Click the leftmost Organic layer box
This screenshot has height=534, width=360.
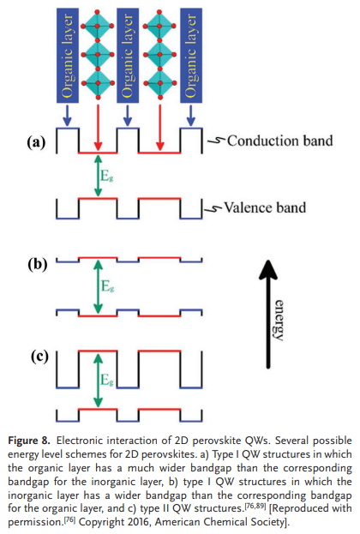68,56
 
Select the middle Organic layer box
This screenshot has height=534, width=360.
128,56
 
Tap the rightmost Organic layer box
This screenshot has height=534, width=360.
191,56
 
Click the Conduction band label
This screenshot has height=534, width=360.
280,141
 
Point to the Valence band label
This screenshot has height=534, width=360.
265,207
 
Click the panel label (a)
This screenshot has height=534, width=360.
36,142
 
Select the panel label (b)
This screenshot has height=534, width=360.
38,264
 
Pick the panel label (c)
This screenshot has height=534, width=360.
39,357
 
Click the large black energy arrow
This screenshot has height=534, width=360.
268,314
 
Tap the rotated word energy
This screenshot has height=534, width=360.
279,320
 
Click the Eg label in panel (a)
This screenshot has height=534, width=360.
106,176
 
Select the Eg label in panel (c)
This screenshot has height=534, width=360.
106,380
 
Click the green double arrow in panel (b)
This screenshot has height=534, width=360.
98,287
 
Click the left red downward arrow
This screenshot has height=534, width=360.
98,128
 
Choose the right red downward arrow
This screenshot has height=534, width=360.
159,128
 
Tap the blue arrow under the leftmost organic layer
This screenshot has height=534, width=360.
68,116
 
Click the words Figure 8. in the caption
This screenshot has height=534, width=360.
29,441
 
